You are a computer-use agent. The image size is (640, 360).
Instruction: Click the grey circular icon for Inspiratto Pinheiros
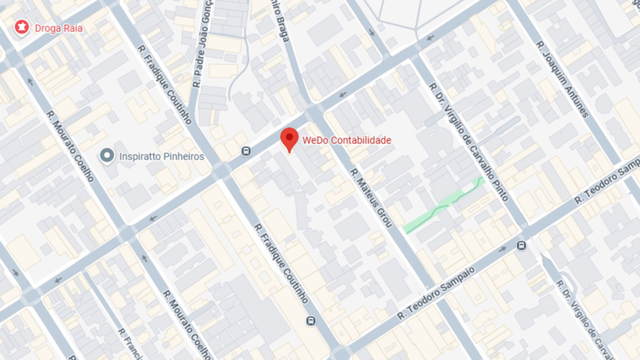coord(108,155)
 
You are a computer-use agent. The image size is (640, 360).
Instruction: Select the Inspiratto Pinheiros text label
coord(161,156)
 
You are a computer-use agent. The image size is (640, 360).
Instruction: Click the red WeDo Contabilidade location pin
coord(289,139)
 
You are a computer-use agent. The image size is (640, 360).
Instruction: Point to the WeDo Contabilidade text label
coord(347,140)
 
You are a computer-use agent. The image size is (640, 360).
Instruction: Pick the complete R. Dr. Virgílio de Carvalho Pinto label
coord(469,141)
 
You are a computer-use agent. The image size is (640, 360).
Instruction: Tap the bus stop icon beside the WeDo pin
coord(246,151)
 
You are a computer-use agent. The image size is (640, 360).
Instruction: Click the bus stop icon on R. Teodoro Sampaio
coord(521,246)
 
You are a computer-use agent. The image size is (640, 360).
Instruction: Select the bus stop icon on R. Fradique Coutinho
coord(311,321)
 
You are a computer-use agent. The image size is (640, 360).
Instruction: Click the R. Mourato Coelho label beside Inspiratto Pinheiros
coord(69,145)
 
